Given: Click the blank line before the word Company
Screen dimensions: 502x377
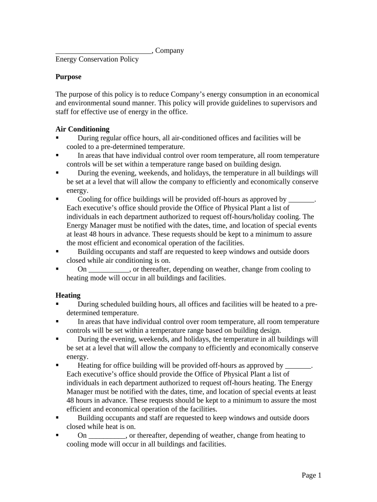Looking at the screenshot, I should pos(103,51).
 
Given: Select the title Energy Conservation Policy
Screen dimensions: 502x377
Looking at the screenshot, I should pos(97,59).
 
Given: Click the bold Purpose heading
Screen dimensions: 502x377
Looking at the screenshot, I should pos(68,77).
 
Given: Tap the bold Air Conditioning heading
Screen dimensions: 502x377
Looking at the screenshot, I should pos(82,129).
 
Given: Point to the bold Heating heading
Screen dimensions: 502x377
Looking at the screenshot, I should pos(68,296).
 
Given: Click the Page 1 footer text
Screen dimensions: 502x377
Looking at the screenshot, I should pos(311,475).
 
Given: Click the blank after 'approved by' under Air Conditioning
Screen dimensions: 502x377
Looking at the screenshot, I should pos(301,200).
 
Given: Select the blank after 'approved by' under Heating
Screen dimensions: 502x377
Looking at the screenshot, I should pos(298,366).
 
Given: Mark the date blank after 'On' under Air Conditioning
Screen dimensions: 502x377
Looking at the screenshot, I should pos(109,270).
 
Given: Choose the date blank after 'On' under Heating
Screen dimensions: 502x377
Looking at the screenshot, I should pos(107,436).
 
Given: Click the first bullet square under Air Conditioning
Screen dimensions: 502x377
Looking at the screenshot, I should pos(57,138).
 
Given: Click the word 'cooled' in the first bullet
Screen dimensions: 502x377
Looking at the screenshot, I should pos(76,147).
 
